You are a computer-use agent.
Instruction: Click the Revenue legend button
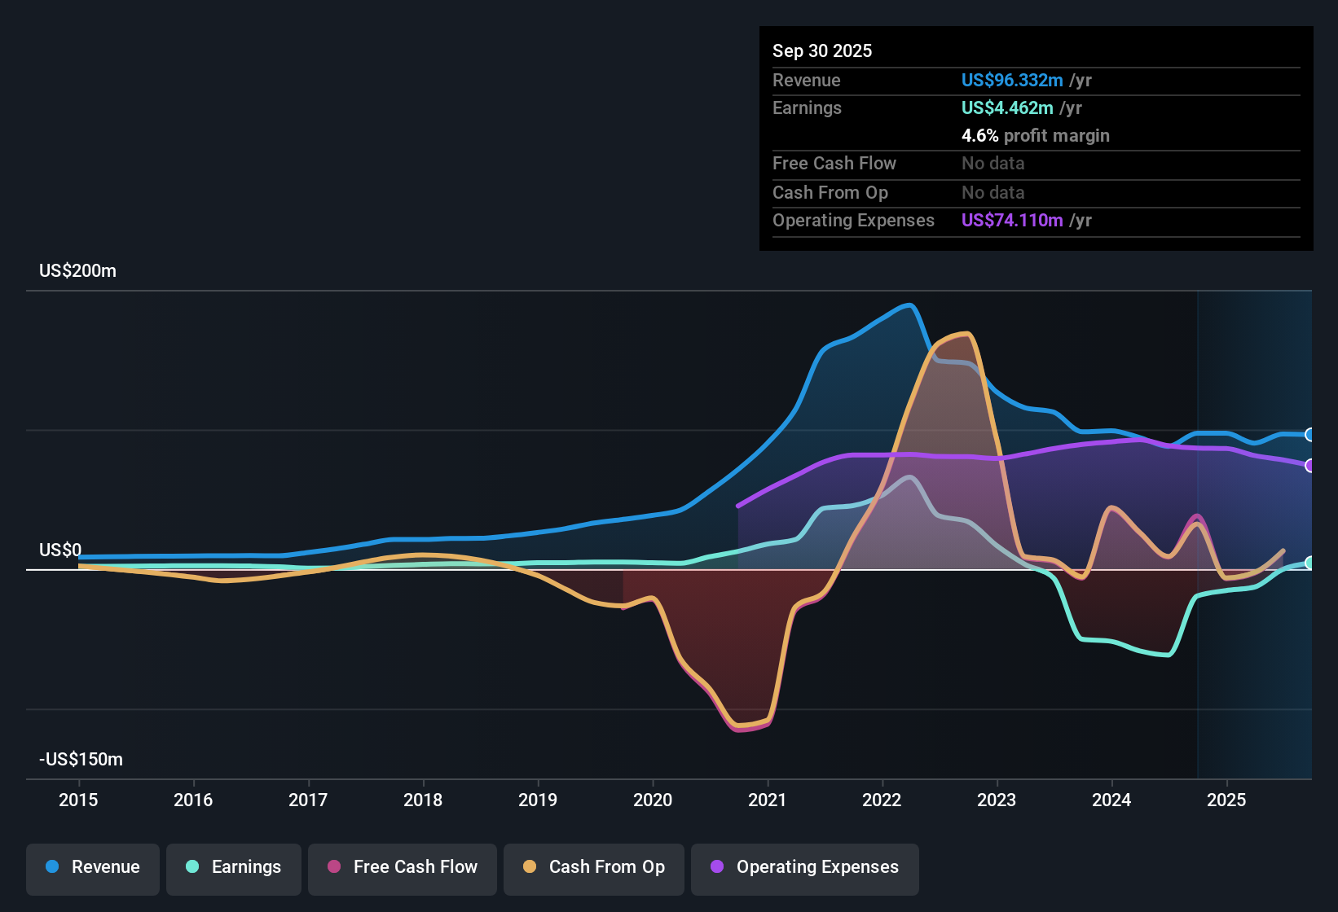coord(92,867)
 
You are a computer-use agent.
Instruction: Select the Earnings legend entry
coord(233,867)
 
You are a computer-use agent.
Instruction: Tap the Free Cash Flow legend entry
coord(402,867)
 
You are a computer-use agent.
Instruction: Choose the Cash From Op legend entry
coord(593,867)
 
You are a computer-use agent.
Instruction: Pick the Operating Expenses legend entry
coord(804,867)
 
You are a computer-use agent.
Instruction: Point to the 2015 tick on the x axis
coord(78,800)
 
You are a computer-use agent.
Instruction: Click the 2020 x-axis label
coord(653,800)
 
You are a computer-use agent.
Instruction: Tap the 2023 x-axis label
coord(997,800)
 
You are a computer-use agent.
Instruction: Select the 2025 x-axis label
coord(1226,800)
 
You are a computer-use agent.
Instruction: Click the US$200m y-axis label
coord(77,271)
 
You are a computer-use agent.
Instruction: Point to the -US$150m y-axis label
coord(81,760)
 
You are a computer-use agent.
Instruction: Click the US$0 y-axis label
coord(60,550)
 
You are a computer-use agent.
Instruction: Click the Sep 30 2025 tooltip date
coord(821,51)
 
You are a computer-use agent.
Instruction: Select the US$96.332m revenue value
coord(1011,81)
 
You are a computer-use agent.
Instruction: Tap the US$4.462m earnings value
coord(1006,108)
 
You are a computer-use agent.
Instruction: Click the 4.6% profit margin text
coord(1035,136)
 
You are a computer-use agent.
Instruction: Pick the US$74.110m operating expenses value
coord(1011,221)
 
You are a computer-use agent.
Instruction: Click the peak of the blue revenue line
coord(909,305)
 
